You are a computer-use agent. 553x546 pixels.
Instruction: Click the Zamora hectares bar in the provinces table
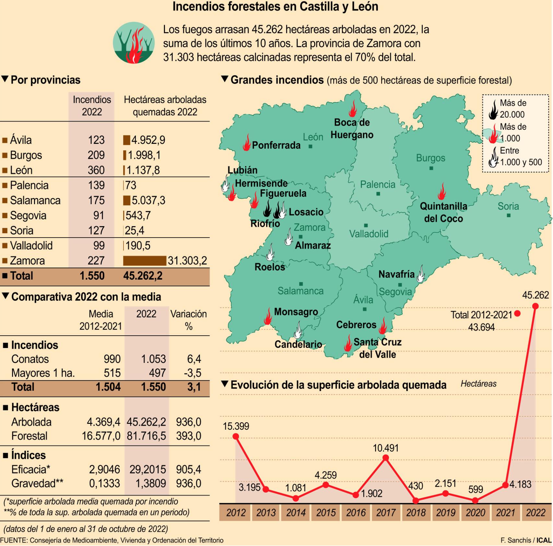coord(145,261)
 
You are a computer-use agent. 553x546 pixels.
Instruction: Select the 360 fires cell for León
coord(96,170)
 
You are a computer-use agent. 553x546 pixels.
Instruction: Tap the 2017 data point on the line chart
coord(385,458)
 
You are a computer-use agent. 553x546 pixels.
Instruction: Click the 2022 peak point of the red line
coord(535,306)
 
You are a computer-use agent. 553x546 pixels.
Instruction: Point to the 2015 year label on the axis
coord(325,513)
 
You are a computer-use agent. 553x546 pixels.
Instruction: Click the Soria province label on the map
coord(508,206)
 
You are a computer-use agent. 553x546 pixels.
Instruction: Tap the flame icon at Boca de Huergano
coord(353,109)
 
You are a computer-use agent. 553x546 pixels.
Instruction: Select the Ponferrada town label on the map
coord(276,145)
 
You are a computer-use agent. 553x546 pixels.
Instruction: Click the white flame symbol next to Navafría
coord(421,274)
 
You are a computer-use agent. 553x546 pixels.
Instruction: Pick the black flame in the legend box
coord(493,109)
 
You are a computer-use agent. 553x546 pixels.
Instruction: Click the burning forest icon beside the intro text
coord(134,43)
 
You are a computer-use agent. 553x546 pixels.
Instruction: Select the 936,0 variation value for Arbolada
coord(189,422)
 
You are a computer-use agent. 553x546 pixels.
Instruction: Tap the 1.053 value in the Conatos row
coord(153,359)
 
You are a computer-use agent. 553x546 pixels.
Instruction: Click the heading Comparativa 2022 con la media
coord(86,297)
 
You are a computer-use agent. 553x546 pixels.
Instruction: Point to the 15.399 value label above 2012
coord(236,426)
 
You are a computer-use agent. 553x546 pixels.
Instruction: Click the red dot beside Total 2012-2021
coord(517,313)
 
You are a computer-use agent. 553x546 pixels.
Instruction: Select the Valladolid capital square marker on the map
coord(366,225)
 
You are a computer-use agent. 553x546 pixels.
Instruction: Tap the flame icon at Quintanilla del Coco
coord(441,192)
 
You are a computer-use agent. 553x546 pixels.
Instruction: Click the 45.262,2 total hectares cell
coord(143,276)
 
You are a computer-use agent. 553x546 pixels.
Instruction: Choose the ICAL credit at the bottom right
coord(544,540)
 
